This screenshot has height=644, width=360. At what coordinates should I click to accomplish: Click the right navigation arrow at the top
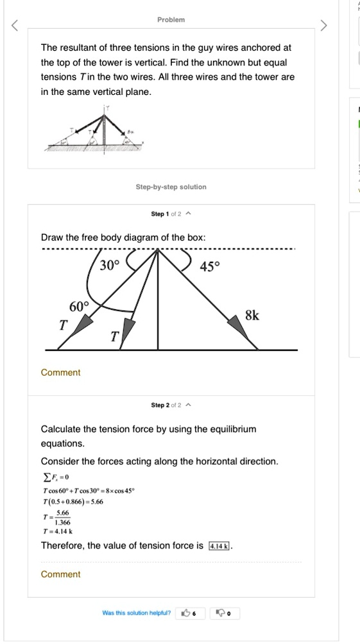click(324, 26)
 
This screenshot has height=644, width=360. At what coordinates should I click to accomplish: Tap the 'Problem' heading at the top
click(171, 20)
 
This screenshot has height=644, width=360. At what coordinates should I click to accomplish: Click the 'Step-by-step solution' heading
click(171, 187)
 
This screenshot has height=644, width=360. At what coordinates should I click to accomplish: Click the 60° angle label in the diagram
click(80, 306)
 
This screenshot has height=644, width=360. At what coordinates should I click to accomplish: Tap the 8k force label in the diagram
click(253, 316)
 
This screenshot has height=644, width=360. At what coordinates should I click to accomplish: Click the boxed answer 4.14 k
click(220, 546)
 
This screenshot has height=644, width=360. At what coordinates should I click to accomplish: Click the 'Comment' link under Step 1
click(60, 373)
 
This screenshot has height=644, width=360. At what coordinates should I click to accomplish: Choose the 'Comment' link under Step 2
click(60, 574)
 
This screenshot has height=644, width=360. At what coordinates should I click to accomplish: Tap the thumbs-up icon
click(187, 613)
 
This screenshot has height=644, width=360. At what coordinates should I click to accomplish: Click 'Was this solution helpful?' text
click(137, 613)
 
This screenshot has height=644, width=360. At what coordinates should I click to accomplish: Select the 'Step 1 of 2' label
click(166, 214)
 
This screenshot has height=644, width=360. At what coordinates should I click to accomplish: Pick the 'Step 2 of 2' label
click(166, 405)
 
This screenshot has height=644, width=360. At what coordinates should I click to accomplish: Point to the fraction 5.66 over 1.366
click(63, 518)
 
